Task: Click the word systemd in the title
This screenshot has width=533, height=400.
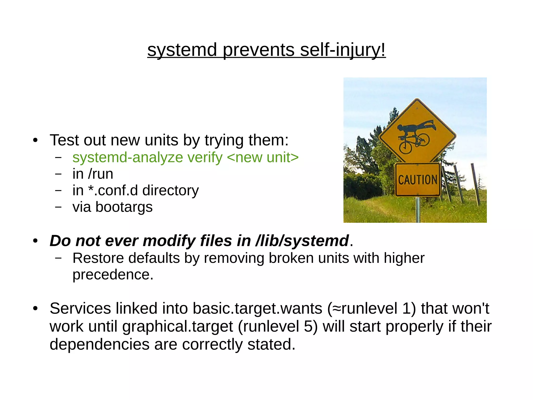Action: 182,50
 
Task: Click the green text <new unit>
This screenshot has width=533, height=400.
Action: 263,157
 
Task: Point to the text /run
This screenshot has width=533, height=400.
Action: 100,174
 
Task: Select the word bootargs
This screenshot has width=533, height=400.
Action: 124,207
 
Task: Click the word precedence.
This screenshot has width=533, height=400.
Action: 113,275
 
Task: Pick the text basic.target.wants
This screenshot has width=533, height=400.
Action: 257,308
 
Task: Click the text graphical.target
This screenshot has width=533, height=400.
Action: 177,326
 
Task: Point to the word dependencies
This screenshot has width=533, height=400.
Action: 99,344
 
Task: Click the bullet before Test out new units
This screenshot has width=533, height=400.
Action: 35,141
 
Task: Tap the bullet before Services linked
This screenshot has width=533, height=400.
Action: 35,309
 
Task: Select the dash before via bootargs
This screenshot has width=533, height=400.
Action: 59,207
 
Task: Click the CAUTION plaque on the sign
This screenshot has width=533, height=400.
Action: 417,180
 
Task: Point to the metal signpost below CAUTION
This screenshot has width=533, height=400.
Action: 418,209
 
